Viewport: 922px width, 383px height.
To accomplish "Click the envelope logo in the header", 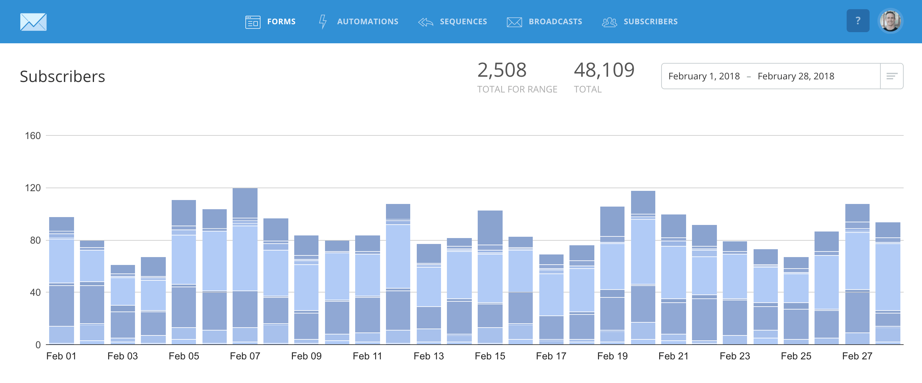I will (33, 22).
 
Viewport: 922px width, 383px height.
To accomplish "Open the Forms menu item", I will (271, 22).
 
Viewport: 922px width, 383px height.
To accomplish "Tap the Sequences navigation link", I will (453, 22).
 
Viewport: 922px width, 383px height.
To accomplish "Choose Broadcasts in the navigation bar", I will (545, 22).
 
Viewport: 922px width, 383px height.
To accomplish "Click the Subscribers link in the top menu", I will (640, 22).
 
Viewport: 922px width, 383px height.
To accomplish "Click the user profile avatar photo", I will (890, 21).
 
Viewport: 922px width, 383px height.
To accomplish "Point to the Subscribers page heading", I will (62, 77).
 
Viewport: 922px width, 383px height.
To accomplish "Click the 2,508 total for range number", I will (502, 70).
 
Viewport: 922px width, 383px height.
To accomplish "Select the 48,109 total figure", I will (604, 70).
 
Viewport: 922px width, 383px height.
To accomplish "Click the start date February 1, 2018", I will (704, 76).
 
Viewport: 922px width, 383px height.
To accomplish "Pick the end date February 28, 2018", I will (796, 76).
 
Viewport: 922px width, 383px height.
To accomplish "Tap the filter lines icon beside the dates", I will (892, 76).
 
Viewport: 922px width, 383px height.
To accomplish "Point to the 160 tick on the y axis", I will (32, 136).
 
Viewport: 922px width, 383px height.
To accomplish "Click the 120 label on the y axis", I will (32, 188).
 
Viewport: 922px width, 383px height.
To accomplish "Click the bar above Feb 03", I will (123, 305).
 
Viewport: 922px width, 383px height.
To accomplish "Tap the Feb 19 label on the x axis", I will (612, 356).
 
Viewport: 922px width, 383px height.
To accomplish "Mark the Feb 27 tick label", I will (857, 356).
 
